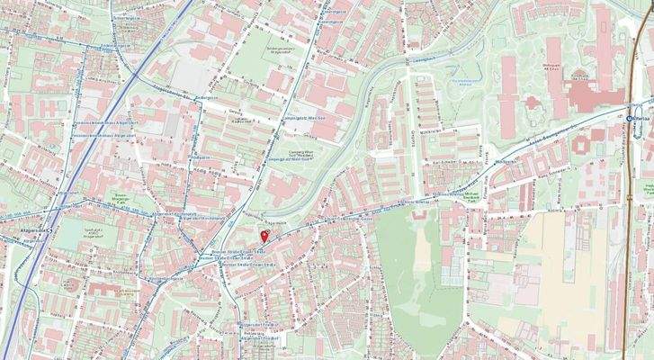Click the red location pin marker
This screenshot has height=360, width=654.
click(x=264, y=235)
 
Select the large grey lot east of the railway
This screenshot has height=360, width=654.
click(x=189, y=76)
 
